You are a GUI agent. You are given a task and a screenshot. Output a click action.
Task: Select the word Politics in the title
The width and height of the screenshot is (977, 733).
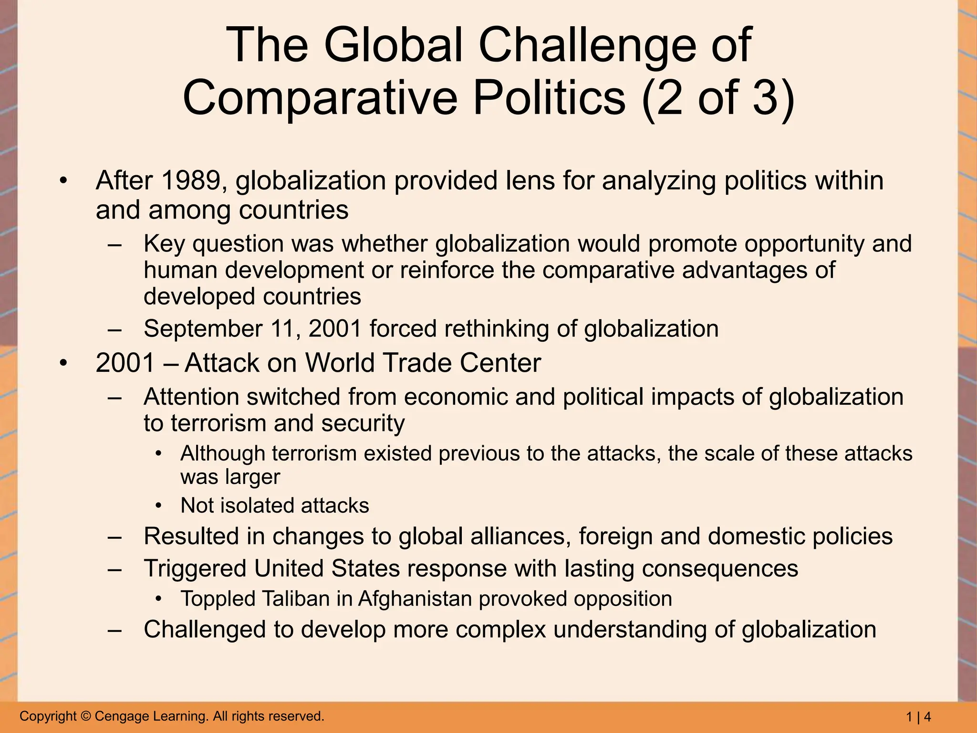[x=549, y=98]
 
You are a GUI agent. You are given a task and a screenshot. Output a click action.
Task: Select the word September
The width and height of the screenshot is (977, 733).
[x=203, y=329]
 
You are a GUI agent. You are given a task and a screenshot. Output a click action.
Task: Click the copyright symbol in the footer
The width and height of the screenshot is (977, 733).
[x=86, y=716]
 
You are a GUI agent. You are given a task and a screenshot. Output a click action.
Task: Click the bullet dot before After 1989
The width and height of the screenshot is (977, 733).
[x=63, y=181]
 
